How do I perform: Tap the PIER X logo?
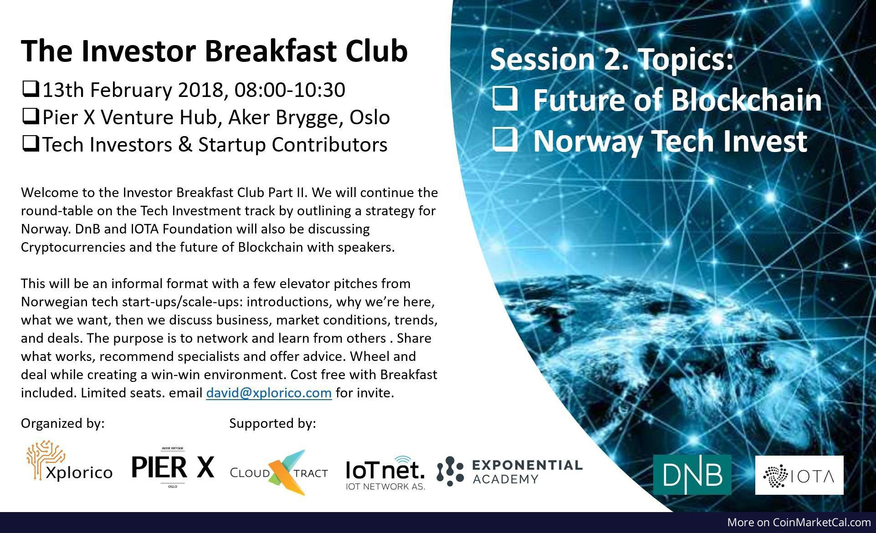point(172,467)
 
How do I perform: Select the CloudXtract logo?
point(279,472)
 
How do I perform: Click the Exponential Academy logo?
point(509,472)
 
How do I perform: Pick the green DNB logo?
point(692,474)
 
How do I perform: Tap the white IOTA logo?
point(799,475)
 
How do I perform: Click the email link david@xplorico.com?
point(269,392)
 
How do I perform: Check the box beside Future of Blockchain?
point(505,99)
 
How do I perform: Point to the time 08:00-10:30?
point(290,90)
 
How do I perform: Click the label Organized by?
point(63,424)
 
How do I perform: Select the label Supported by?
point(272,424)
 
